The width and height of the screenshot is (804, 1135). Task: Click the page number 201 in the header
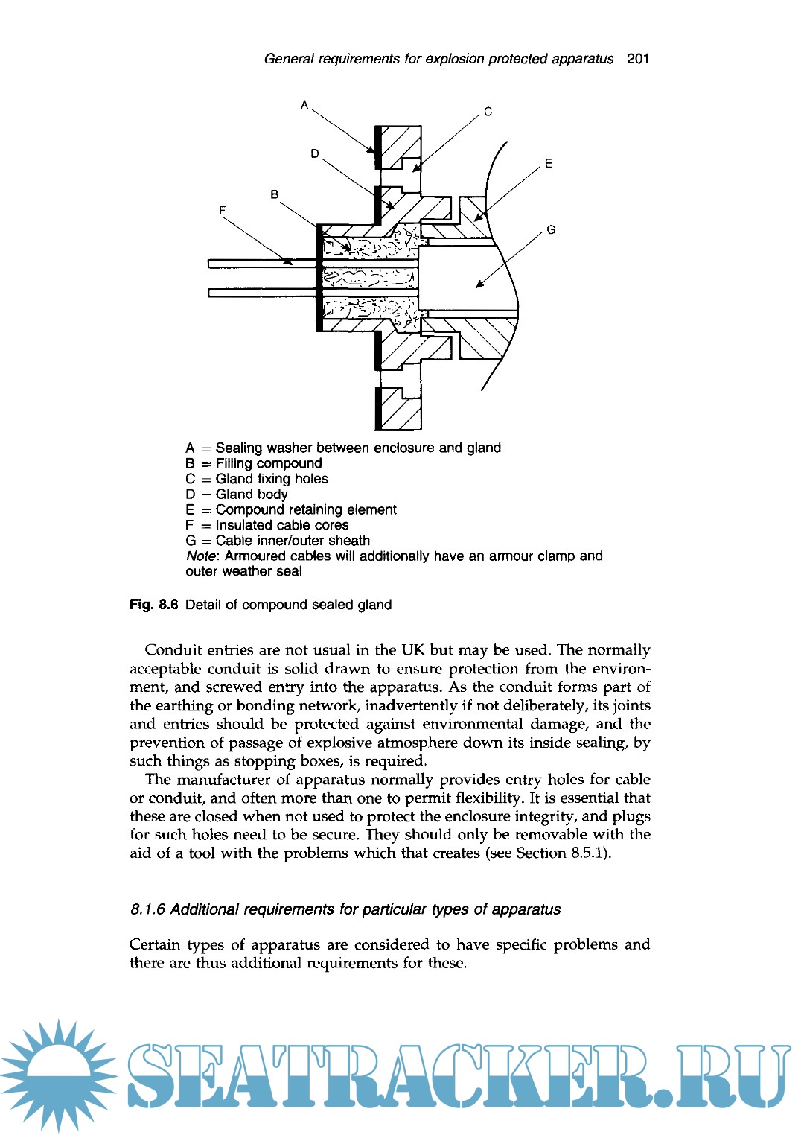pos(638,59)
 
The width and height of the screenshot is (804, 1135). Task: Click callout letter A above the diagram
pos(304,105)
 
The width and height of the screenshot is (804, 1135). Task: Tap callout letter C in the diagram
pos(488,112)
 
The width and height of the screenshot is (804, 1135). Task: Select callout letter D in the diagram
pos(315,153)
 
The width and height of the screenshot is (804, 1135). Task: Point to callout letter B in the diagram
pos(275,194)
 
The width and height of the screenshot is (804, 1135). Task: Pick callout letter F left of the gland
pos(222,211)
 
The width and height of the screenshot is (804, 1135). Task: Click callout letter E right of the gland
pos(549,164)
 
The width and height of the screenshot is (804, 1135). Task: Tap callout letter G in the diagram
pos(551,230)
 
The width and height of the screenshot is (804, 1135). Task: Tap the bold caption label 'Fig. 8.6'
pos(154,605)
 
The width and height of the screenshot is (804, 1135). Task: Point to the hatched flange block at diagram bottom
pos(399,408)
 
